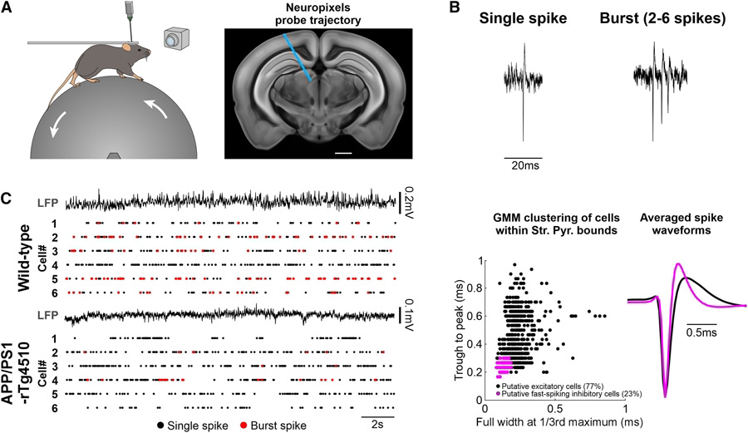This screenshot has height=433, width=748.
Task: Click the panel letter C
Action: coord(11,199)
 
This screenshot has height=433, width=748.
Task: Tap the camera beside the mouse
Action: coord(173,39)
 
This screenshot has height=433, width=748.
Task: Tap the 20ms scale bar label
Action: coord(524,167)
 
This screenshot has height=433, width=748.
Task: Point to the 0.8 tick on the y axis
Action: coord(475,288)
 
